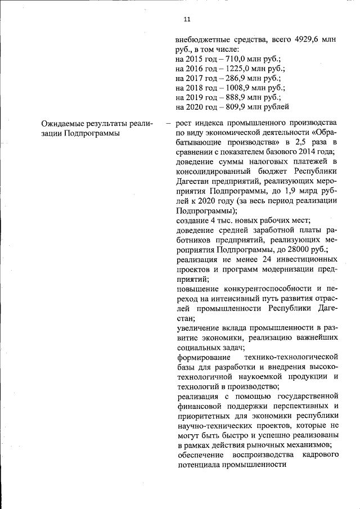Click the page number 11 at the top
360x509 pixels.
pyautogui.click(x=187, y=19)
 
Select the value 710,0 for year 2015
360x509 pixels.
pyautogui.click(x=237, y=58)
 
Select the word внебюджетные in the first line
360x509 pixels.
pyautogui.click(x=204, y=40)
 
